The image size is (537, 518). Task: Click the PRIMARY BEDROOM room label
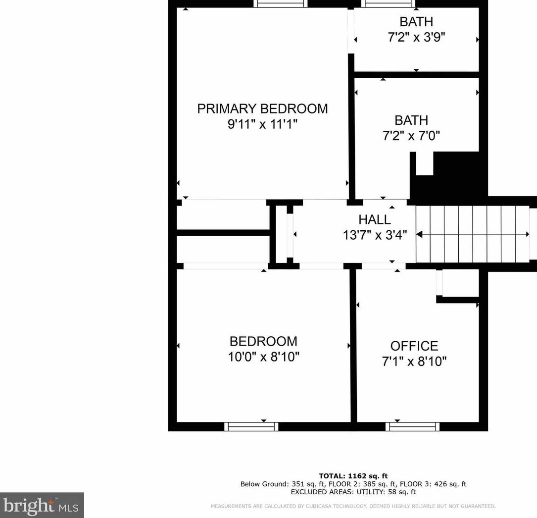coord(262,108)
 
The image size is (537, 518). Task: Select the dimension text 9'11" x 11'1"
coord(262,124)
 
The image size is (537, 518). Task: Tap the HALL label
coord(375,219)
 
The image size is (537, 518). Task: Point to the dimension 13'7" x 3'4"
coord(375,235)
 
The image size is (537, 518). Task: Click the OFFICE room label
coord(414,346)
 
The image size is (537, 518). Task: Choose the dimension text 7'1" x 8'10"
coord(414,362)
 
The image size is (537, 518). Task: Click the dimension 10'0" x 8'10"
coord(263,357)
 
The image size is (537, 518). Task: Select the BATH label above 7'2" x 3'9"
coord(416,22)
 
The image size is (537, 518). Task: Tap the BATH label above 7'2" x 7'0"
coord(411,120)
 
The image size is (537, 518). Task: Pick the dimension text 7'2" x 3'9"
coord(416,37)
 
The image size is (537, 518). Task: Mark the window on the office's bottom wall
coord(413,426)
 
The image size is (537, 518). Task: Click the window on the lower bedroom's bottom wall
coord(251,426)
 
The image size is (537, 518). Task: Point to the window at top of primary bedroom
coord(281,3)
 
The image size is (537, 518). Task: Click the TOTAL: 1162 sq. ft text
coord(353,476)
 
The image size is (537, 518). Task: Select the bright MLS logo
coord(42,505)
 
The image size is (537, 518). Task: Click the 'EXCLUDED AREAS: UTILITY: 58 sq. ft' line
coord(353,492)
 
